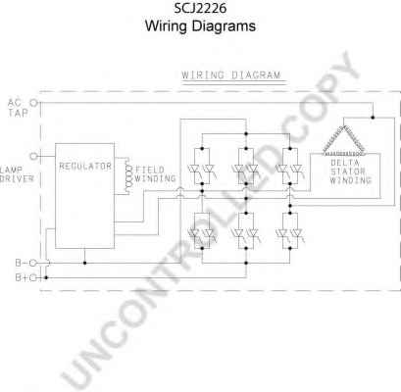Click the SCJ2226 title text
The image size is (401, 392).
(199, 10)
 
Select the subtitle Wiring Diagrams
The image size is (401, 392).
(199, 27)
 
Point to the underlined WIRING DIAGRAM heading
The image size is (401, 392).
(230, 74)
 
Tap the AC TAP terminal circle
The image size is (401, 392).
(36, 102)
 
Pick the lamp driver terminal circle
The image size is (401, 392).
(36, 155)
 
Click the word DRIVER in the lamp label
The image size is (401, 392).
(17, 178)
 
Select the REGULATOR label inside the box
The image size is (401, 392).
(84, 166)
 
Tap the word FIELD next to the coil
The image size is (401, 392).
(148, 168)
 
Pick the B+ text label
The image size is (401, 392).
(20, 278)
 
